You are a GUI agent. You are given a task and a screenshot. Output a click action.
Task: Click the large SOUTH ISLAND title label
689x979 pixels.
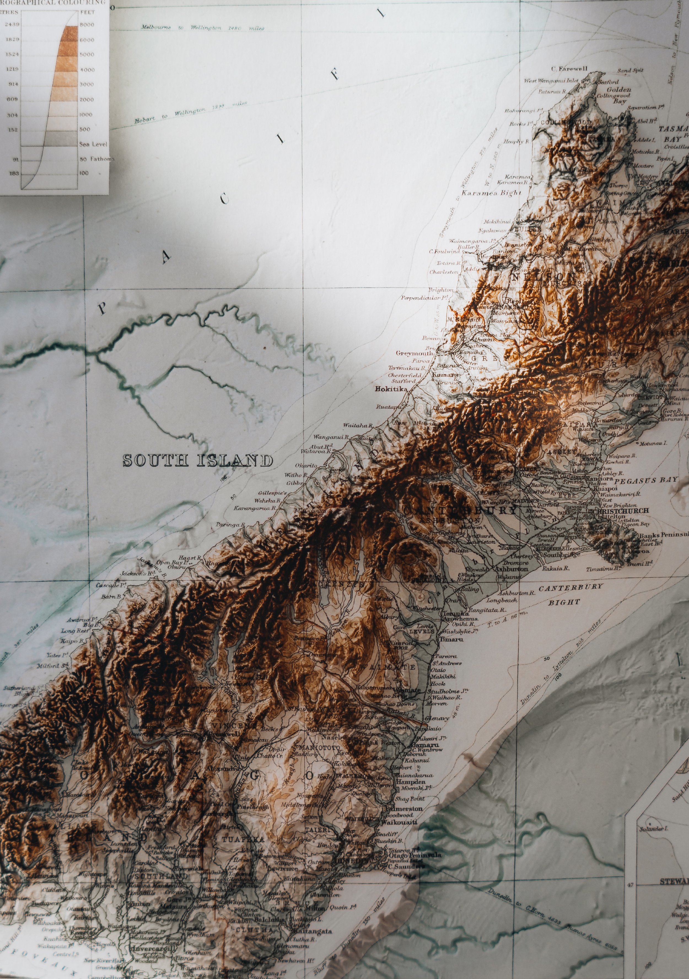pyautogui.click(x=198, y=461)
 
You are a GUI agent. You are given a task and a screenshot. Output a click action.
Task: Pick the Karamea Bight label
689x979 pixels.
pyautogui.click(x=491, y=193)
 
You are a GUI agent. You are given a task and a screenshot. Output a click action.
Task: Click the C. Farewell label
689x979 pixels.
pyautogui.click(x=569, y=69)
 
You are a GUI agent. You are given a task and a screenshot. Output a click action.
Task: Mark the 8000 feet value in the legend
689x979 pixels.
pyautogui.click(x=87, y=25)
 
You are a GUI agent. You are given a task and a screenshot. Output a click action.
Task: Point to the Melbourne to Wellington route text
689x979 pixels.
pyautogui.click(x=202, y=28)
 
